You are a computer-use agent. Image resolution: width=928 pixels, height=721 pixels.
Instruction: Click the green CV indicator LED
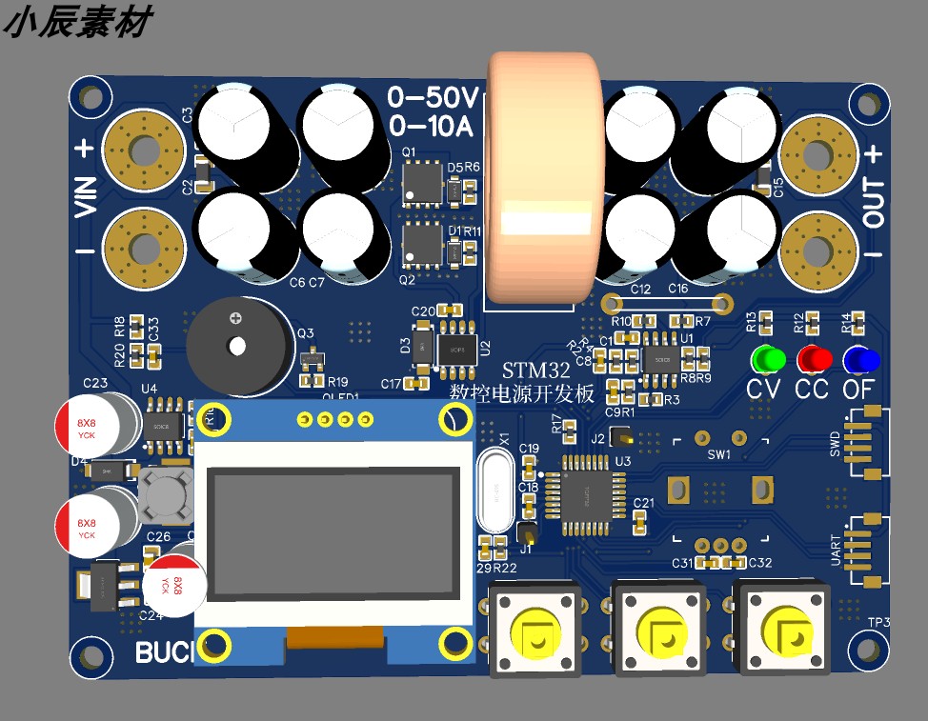767,360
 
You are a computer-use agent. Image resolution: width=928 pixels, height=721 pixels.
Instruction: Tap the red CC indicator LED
813,360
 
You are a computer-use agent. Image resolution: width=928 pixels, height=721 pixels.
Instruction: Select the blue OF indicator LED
859,360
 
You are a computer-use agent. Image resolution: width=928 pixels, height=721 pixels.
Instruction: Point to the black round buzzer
235,344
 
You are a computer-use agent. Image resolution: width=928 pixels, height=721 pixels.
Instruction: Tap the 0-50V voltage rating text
434,98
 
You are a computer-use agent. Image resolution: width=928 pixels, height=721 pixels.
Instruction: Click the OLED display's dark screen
333,532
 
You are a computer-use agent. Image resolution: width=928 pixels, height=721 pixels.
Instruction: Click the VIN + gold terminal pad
144,151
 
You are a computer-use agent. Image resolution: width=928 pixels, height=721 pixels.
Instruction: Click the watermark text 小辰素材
76,23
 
